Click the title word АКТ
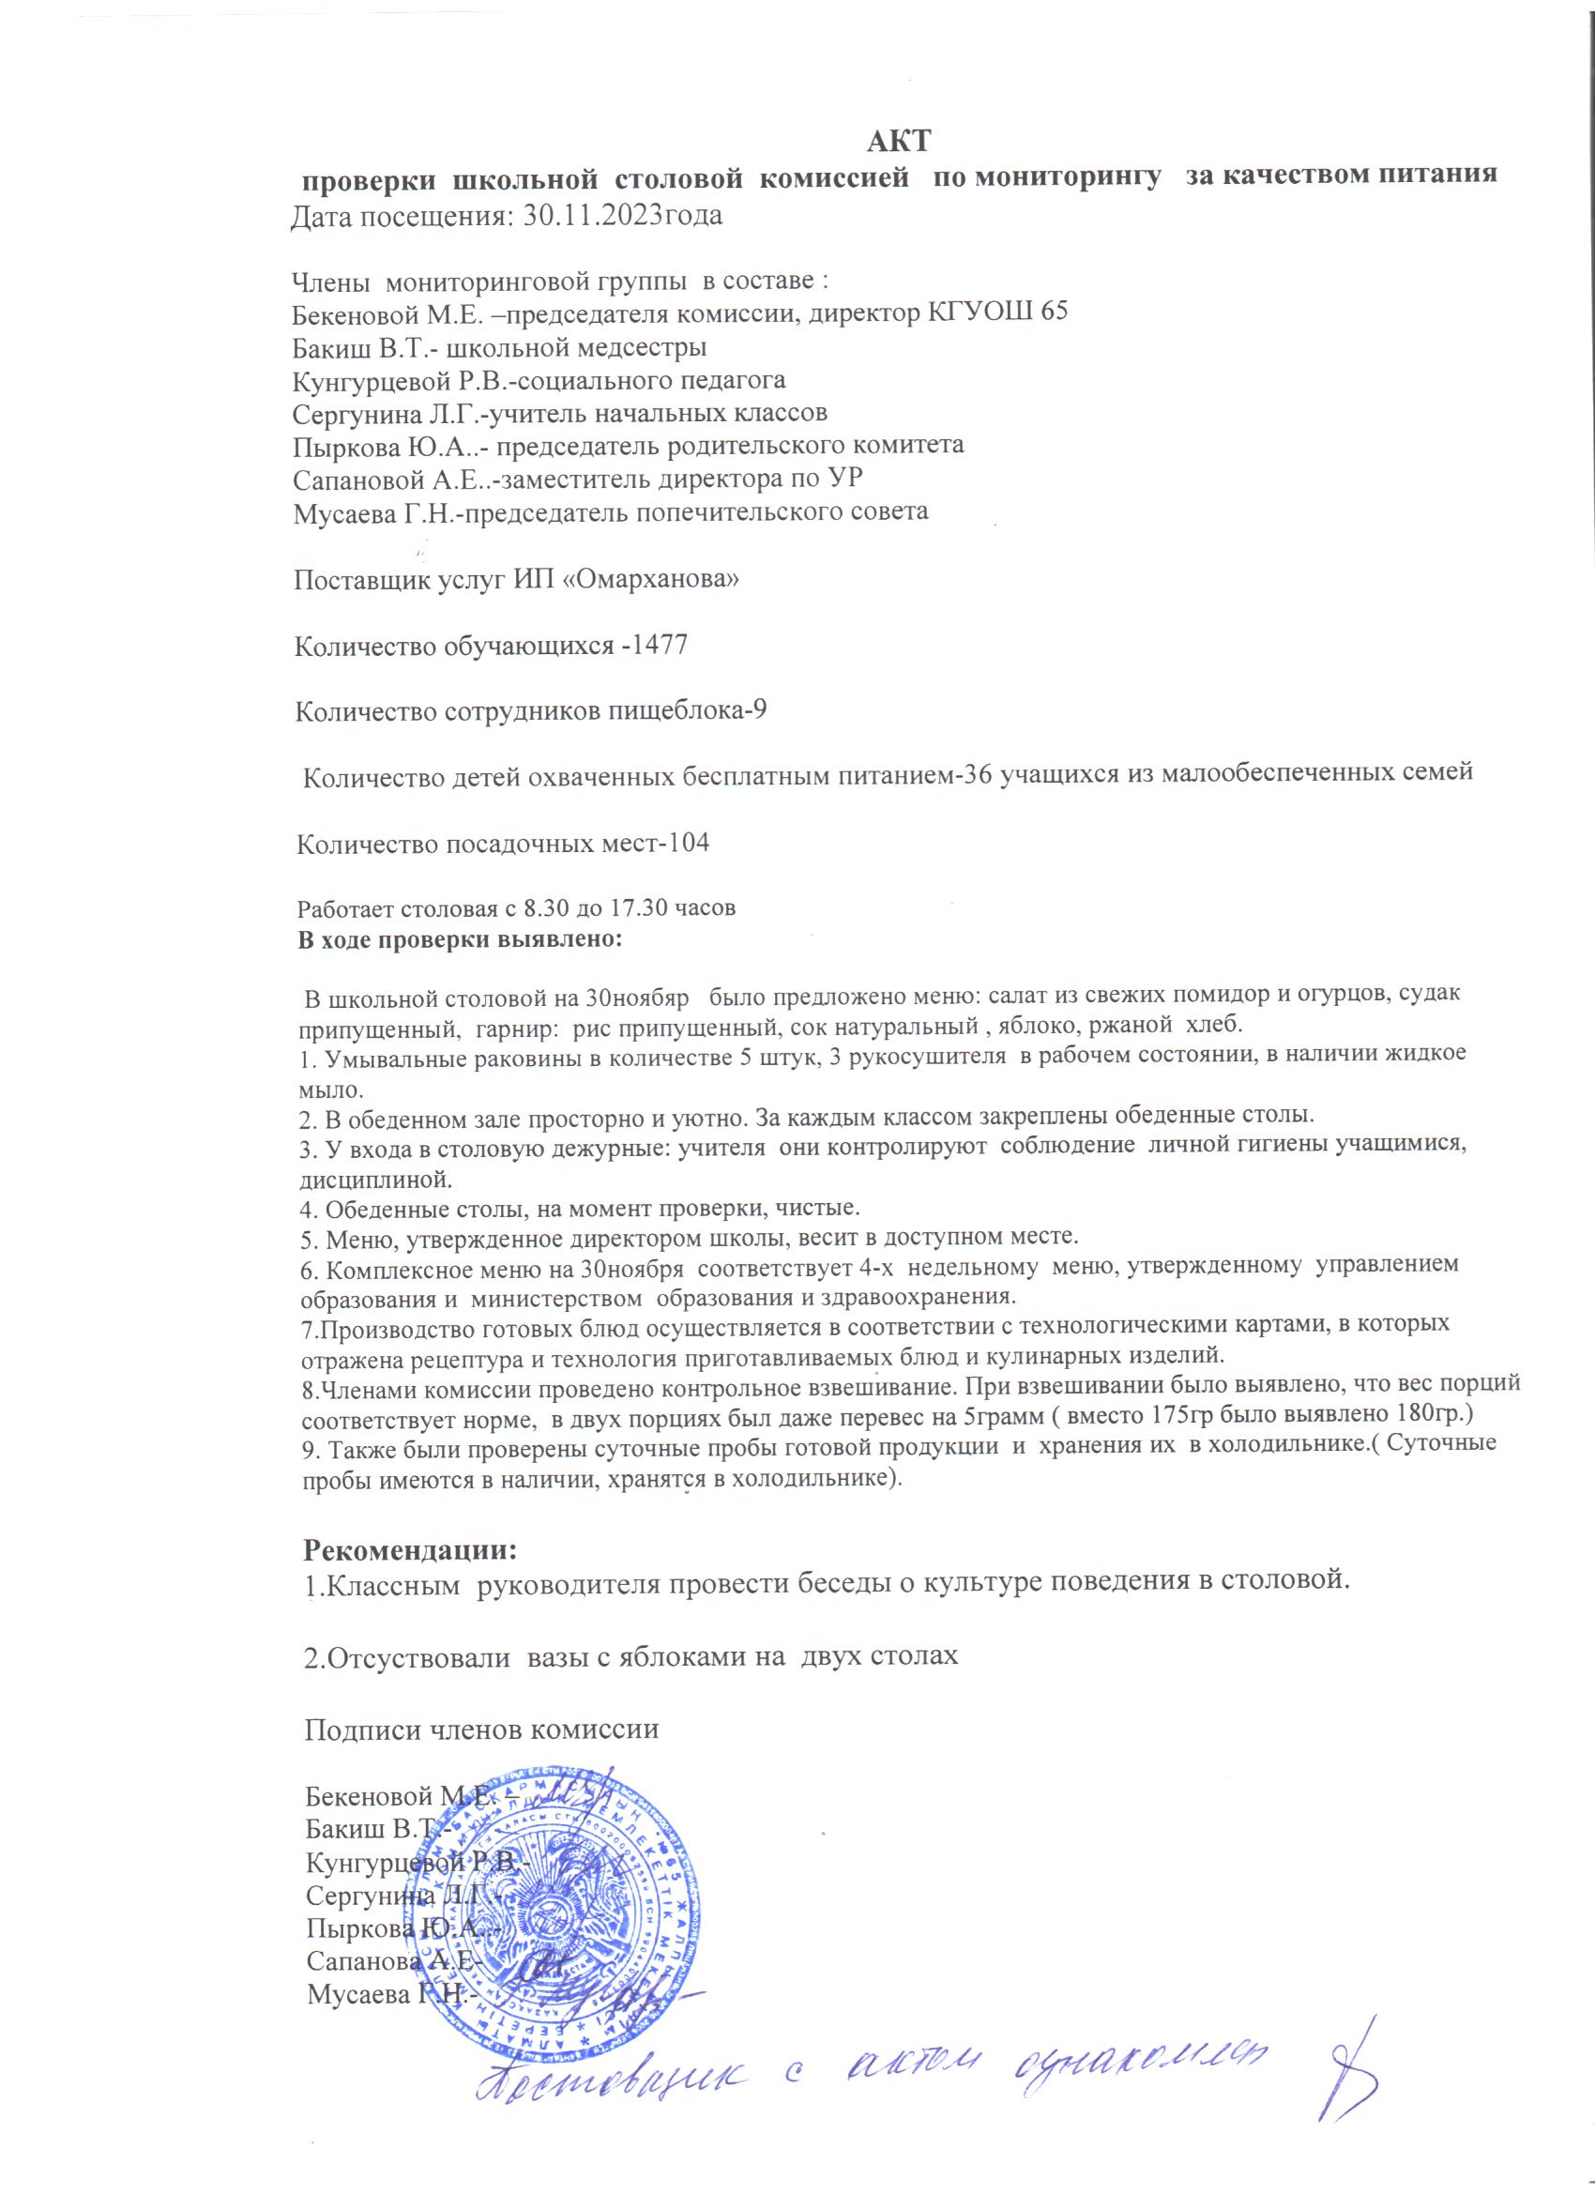coord(898,142)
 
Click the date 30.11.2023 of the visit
coord(583,215)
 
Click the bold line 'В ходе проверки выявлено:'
coord(460,939)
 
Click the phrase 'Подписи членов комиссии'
coord(481,1729)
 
